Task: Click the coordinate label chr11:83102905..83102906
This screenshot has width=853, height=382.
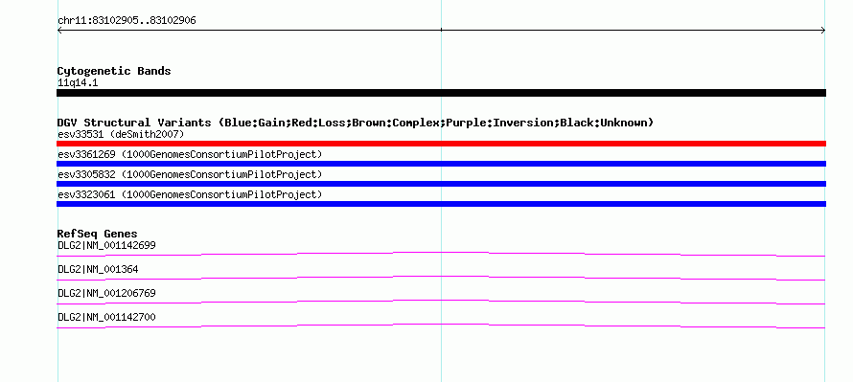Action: [x=127, y=21]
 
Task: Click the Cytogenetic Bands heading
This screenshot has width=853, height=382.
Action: [x=114, y=71]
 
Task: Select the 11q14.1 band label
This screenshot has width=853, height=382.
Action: [x=78, y=83]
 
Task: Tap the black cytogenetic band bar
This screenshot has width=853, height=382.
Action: [x=441, y=93]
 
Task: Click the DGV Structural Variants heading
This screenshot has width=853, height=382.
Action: [x=356, y=123]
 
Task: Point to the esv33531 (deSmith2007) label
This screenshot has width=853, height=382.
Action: [x=121, y=134]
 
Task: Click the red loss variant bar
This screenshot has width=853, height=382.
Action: [x=441, y=144]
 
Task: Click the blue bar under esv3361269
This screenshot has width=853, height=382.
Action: [x=441, y=164]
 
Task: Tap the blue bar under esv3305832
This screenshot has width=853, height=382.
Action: [x=441, y=184]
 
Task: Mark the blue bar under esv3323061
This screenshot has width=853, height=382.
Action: [x=441, y=204]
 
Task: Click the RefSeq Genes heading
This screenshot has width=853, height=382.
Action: [x=98, y=234]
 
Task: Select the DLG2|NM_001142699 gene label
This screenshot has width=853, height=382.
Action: [x=106, y=246]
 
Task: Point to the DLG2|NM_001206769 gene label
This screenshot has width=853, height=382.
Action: [x=106, y=293]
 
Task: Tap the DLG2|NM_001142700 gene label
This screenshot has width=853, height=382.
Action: [x=106, y=317]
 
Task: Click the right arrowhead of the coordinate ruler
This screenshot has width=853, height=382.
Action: [x=824, y=31]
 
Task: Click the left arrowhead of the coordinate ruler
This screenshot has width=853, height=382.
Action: [x=58, y=31]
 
